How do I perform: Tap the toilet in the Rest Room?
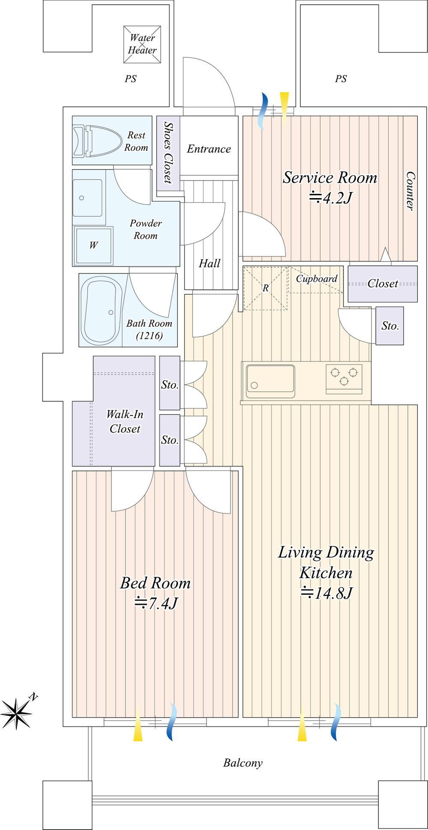click(96, 140)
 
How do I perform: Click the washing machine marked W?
click(94, 245)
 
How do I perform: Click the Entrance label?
click(209, 149)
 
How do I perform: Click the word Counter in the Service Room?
click(410, 191)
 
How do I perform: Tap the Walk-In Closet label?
click(125, 421)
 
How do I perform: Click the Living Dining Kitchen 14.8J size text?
click(326, 593)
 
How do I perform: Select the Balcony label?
click(243, 763)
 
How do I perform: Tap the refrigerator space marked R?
click(266, 288)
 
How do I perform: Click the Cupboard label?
click(317, 279)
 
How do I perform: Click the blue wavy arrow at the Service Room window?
click(263, 110)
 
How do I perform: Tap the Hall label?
click(210, 263)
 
